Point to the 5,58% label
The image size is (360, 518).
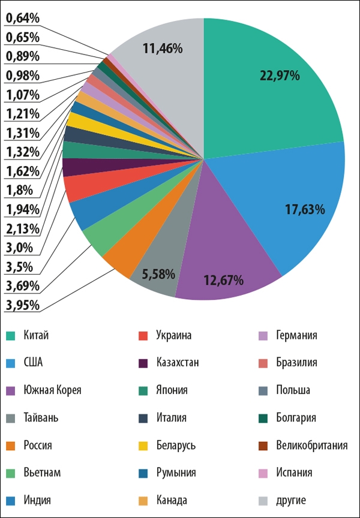pyautogui.click(x=158, y=274)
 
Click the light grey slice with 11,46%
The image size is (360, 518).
pyautogui.click(x=163, y=49)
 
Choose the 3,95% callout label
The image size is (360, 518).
pyautogui.click(x=22, y=305)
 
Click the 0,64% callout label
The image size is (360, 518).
pyautogui.click(x=22, y=18)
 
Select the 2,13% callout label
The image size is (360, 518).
pyautogui.click(x=22, y=228)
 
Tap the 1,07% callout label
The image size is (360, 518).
pyautogui.click(x=22, y=95)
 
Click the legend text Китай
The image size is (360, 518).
pyautogui.click(x=36, y=335)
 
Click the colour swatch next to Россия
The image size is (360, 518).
pyautogui.click(x=11, y=445)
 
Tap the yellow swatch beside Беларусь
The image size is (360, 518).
pyautogui.click(x=143, y=445)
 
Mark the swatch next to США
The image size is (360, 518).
pyautogui.click(x=11, y=363)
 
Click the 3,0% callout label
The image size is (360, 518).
pyautogui.click(x=19, y=248)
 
